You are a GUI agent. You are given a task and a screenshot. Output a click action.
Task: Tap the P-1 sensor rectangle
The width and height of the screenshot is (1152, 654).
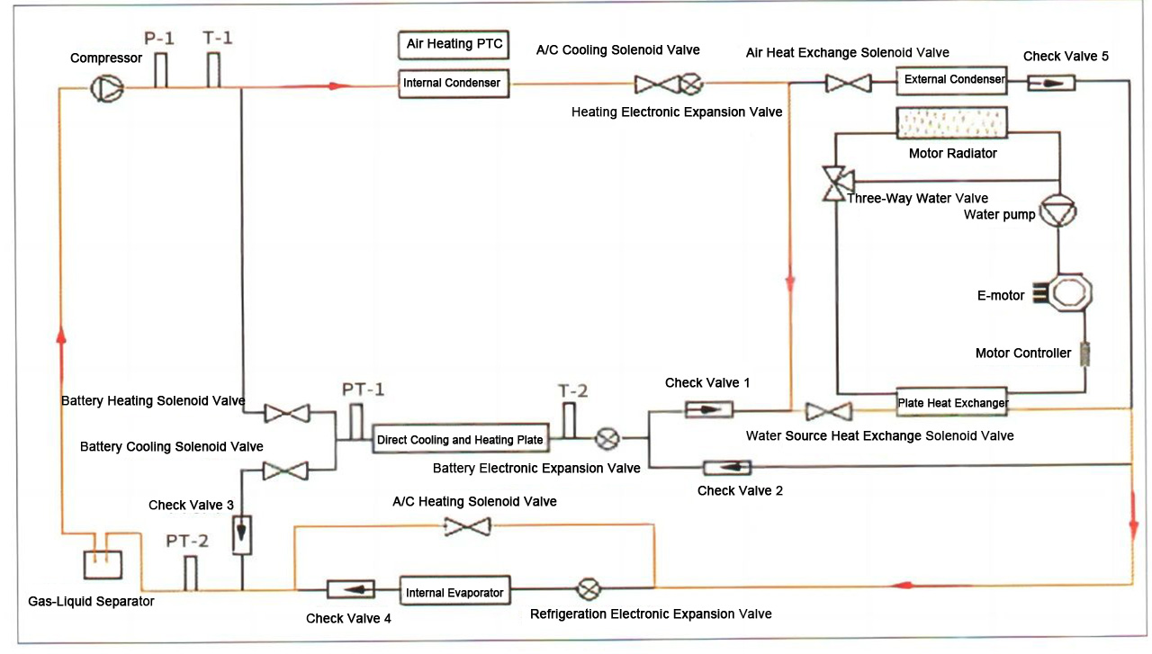coord(161,70)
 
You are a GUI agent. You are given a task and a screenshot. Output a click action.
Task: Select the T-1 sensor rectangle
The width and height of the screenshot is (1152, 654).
coord(214,70)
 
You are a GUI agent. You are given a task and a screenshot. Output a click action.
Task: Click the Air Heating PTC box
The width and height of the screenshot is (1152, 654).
coord(454,43)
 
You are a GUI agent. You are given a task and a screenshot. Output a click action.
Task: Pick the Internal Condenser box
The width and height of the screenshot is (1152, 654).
coord(454,83)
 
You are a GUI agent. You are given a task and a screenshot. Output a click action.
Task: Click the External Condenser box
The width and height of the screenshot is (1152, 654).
coord(954,79)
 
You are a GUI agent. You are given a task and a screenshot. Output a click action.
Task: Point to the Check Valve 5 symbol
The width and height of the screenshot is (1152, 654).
coord(1051,83)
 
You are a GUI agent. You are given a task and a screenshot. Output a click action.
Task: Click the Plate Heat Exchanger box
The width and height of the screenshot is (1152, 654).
coord(953,402)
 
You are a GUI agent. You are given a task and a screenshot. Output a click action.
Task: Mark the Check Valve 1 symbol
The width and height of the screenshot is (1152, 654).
coord(708,410)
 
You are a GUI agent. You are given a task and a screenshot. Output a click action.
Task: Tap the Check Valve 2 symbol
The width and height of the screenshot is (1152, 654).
coord(726,467)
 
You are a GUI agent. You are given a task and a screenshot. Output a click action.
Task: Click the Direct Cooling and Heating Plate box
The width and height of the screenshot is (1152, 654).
coord(460,440)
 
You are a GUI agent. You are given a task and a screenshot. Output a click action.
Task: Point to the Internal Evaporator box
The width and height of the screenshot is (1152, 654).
coord(455,592)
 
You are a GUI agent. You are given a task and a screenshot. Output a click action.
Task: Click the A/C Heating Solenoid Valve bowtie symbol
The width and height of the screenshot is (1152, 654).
coord(468,526)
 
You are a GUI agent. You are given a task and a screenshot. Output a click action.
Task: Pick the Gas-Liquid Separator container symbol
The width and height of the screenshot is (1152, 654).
coord(102,564)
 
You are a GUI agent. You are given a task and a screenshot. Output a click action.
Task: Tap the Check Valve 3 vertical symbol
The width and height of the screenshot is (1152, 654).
coord(241,534)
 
